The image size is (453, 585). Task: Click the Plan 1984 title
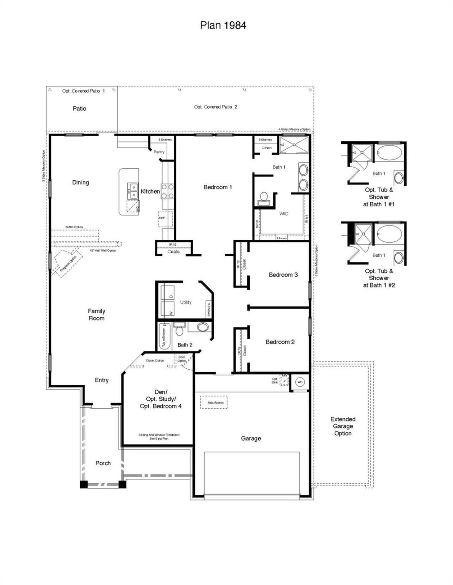click(223, 25)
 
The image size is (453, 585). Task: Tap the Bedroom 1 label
click(218, 187)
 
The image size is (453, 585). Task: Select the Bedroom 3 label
click(283, 275)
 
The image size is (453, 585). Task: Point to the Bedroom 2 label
click(280, 342)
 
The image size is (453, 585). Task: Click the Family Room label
click(96, 315)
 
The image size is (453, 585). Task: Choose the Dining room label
click(80, 182)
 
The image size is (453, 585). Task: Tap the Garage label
click(251, 438)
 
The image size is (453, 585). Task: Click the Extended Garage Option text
click(343, 426)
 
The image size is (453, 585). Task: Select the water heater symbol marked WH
click(300, 382)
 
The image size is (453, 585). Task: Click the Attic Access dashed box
click(214, 403)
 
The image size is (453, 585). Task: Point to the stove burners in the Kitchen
click(167, 191)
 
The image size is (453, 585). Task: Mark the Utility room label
click(186, 302)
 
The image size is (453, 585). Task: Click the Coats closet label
click(173, 251)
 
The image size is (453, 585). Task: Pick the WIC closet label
click(283, 214)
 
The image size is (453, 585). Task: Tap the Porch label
click(103, 463)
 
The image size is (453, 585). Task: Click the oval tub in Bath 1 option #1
click(389, 153)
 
